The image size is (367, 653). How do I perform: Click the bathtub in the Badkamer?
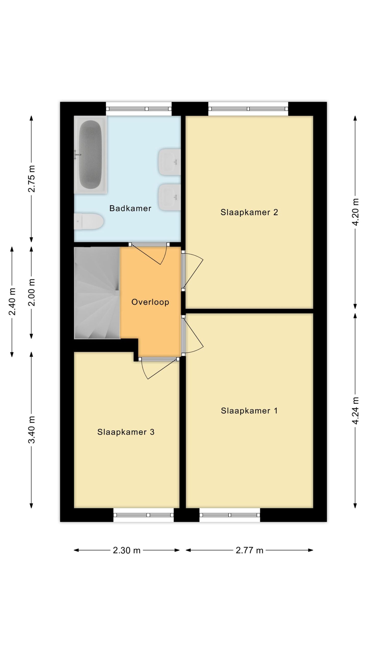pyautogui.click(x=90, y=155)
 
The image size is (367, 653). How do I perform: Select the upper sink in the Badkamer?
pyautogui.click(x=169, y=162)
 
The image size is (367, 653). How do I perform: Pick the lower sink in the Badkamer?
pyautogui.click(x=169, y=197)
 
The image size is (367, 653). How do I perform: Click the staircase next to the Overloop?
pyautogui.click(x=97, y=293)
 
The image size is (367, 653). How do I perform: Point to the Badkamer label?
pyautogui.click(x=130, y=208)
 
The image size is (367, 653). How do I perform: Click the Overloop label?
pyautogui.click(x=150, y=302)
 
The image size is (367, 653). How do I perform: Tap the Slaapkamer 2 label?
pyautogui.click(x=249, y=212)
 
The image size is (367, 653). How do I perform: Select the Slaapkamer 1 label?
pyautogui.click(x=249, y=411)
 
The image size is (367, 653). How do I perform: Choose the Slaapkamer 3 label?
pyautogui.click(x=126, y=432)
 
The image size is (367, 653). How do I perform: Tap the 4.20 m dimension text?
pyautogui.click(x=356, y=212)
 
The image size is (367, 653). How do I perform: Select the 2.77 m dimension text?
pyautogui.click(x=249, y=550)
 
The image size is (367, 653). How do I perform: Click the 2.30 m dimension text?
pyautogui.click(x=127, y=550)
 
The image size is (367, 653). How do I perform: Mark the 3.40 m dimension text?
pyautogui.click(x=32, y=430)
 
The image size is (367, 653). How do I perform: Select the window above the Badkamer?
pyautogui.click(x=139, y=109)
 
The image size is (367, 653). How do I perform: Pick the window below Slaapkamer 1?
pyautogui.click(x=230, y=515)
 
